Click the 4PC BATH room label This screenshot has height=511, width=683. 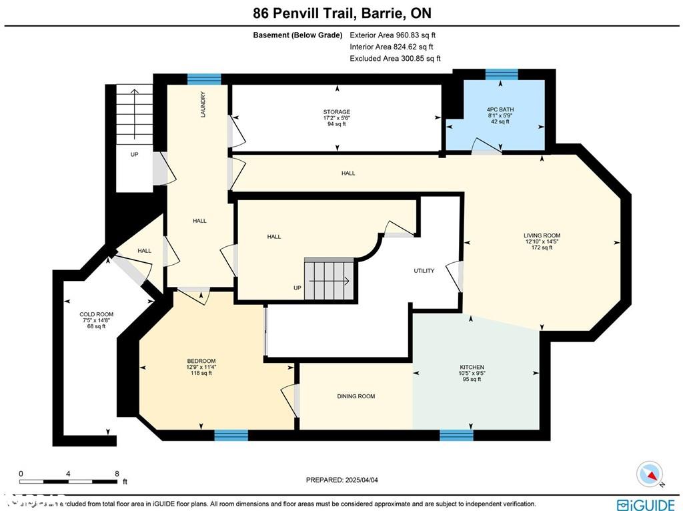click(x=500, y=109)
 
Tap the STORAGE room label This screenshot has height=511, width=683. click(x=336, y=112)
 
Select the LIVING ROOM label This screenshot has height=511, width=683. click(x=542, y=235)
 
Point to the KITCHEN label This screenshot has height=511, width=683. click(x=472, y=368)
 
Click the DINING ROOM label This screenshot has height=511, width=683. click(x=356, y=396)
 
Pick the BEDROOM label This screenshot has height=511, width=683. click(x=201, y=361)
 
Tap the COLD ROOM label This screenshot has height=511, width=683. click(x=97, y=314)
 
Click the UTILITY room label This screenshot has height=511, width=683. click(x=424, y=271)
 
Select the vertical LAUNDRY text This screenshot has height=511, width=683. click(x=203, y=105)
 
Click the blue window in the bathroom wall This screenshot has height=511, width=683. click(x=501, y=73)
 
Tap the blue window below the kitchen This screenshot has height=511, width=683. click(x=456, y=436)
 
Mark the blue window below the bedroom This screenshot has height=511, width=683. click(x=231, y=436)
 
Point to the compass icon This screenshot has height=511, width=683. click(x=651, y=474)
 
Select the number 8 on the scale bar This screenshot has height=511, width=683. click(x=117, y=474)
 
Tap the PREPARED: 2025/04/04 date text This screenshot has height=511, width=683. click(x=346, y=480)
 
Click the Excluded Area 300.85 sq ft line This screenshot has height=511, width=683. click(x=395, y=59)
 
